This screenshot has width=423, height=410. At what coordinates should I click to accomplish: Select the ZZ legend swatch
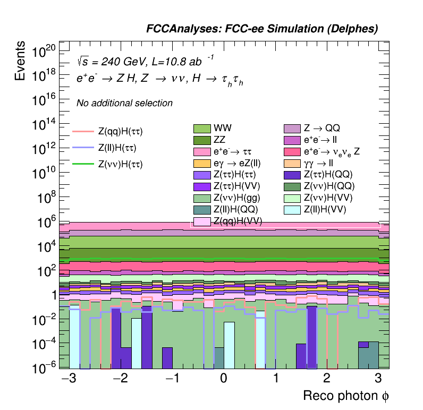coord(202,140)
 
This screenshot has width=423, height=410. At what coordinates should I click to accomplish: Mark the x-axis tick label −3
coord(67,379)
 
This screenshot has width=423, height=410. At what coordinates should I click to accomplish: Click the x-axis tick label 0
coord(224,379)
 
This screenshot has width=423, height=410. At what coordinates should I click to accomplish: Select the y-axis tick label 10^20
coord(44,52)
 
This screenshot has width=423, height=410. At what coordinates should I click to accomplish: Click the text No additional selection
coord(124,103)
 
